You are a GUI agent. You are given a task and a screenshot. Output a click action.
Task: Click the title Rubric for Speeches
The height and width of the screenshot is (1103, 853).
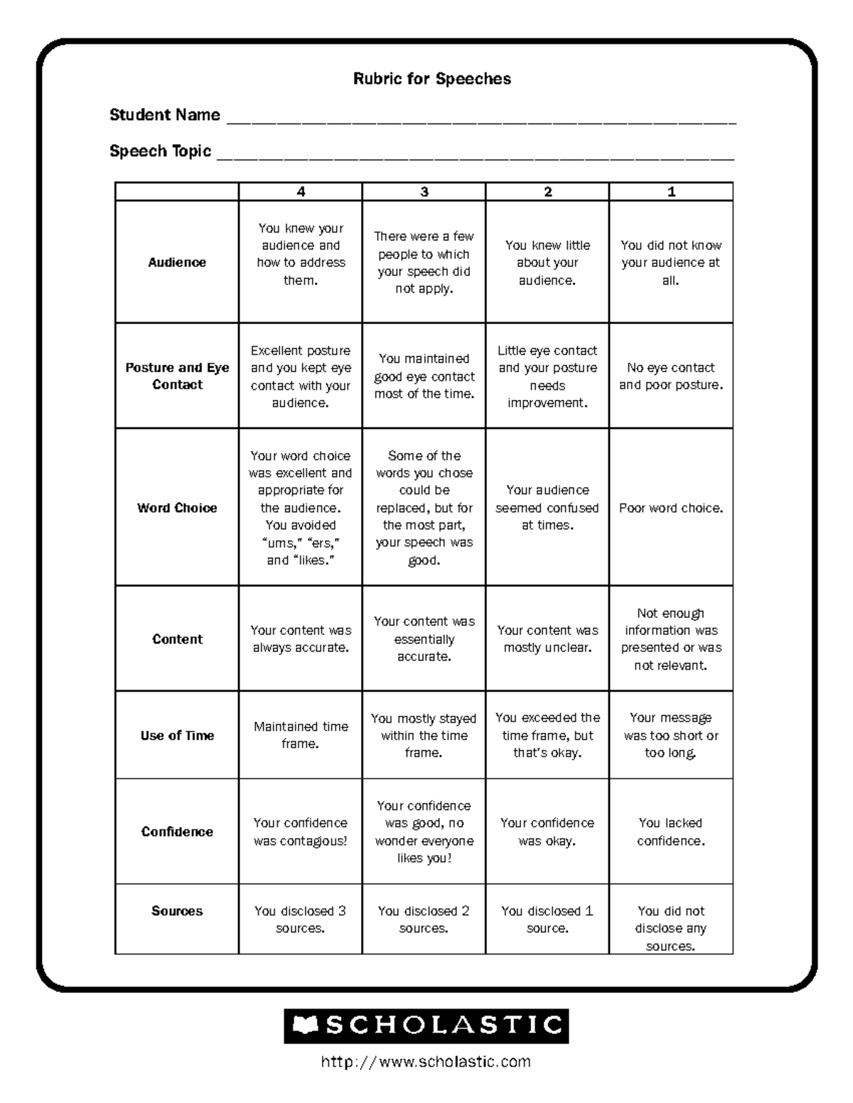point(431,79)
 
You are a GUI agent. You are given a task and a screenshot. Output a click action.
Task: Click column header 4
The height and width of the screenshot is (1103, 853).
point(301,192)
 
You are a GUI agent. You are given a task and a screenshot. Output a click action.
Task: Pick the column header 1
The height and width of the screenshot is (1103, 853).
point(671,192)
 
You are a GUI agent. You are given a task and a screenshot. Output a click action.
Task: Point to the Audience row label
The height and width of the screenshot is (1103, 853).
point(177,262)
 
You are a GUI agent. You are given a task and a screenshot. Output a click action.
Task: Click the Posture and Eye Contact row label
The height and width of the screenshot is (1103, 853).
point(177,376)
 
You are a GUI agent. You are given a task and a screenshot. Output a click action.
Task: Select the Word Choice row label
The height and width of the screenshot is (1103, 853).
point(177,508)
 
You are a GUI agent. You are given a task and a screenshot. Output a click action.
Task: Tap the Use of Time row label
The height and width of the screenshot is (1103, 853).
point(177,735)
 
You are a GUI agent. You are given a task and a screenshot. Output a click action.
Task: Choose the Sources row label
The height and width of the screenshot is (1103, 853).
point(177,911)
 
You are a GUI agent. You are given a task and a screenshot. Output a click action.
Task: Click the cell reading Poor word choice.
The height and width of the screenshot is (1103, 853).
point(671,508)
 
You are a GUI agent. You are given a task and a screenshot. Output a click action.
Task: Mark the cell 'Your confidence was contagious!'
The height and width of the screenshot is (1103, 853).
point(301,832)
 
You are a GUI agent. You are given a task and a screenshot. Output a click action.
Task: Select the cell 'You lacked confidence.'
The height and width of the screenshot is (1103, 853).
point(671,832)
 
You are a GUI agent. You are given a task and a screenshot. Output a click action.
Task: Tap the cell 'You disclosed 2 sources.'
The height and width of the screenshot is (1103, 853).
point(424,919)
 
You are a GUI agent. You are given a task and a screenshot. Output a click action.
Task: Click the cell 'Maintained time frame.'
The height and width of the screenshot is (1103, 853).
point(301,735)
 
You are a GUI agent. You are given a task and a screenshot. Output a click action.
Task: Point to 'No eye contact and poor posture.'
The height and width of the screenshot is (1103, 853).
point(671,376)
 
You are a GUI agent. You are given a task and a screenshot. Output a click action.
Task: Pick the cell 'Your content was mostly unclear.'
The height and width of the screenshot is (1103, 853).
point(547,639)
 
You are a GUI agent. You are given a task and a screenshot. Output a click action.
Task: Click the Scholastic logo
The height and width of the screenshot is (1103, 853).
point(426,1026)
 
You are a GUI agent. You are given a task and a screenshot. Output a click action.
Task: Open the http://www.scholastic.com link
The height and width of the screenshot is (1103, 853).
point(426,1062)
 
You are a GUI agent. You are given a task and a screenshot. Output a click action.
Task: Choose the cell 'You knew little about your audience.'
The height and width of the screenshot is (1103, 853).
point(547,262)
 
